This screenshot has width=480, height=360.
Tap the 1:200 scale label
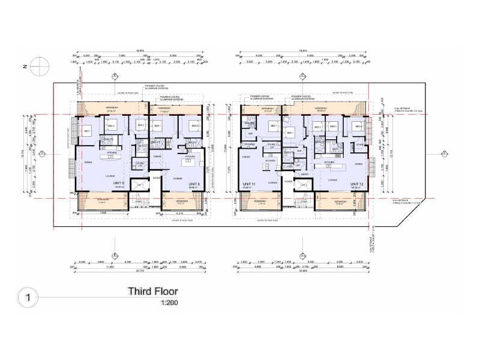[169, 303]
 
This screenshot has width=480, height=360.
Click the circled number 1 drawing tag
[26, 296]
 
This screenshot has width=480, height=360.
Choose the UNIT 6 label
[193, 184]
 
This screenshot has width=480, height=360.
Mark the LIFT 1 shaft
[140, 186]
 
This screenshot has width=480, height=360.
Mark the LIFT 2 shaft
[304, 186]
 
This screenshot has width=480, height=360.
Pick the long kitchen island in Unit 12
[333, 166]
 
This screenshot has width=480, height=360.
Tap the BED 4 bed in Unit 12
[358, 128]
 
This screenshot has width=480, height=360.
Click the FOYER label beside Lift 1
[155, 178]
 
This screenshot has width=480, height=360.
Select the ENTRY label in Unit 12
[304, 175]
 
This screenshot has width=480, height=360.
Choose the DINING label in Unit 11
[246, 157]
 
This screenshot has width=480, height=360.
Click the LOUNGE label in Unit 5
[110, 175]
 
